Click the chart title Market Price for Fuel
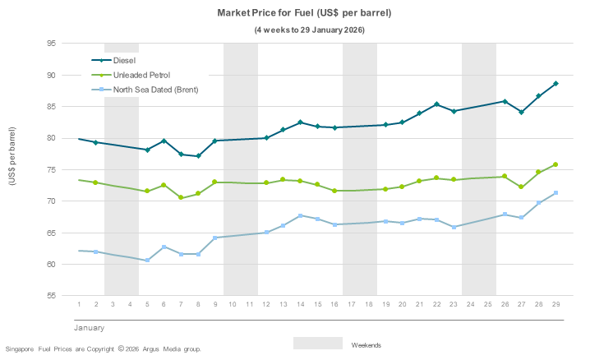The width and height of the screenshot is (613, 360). point(304,14)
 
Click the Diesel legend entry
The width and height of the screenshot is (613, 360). point(124,60)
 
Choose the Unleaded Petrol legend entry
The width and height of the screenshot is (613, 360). point(141,74)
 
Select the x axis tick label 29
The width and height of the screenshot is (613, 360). point(556,304)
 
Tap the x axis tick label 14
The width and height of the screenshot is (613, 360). point(301,304)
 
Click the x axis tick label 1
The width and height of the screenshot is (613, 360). point(79,304)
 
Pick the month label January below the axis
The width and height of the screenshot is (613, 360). point(89,328)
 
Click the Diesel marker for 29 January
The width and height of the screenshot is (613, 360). point(556,84)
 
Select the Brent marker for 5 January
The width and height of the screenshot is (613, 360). point(147,261)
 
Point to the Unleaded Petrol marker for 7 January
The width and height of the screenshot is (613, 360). point(181,197)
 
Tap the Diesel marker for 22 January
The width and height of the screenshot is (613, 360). point(436,104)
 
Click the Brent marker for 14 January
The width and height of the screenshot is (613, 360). point(301,215)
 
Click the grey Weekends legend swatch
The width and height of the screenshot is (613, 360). point(317,343)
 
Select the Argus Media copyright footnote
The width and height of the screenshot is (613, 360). point(103,349)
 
